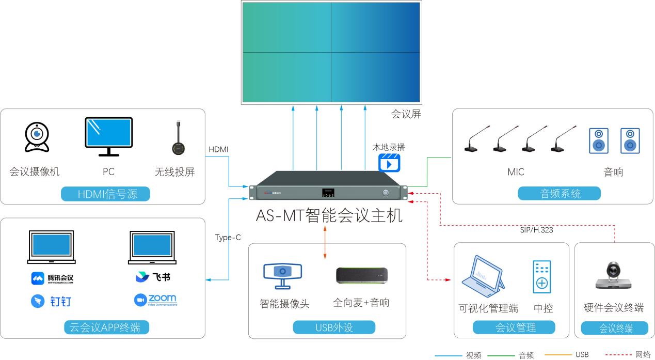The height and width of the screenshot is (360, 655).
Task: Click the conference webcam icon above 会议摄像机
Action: pyautogui.click(x=37, y=137)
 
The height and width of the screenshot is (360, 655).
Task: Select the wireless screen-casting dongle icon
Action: pyautogui.click(x=179, y=139)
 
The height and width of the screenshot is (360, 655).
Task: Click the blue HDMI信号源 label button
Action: pyautogui.click(x=106, y=194)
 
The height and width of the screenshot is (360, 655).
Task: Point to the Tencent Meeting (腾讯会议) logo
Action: pyautogui.click(x=52, y=278)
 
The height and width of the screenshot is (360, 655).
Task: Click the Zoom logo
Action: pyautogui.click(x=155, y=300)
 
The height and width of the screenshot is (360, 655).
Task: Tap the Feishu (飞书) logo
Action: pyautogui.click(x=153, y=277)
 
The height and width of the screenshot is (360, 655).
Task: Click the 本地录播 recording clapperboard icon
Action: pyautogui.click(x=389, y=162)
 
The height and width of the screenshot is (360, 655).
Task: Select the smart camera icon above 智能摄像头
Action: pyautogui.click(x=282, y=275)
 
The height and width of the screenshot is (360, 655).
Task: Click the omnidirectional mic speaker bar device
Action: pyautogui.click(x=361, y=275)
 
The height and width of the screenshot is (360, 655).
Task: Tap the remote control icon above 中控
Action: pyautogui.click(x=541, y=277)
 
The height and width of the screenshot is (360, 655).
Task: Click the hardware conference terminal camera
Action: pyautogui.click(x=613, y=276)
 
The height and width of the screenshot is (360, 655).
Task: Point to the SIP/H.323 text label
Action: pyautogui.click(x=536, y=230)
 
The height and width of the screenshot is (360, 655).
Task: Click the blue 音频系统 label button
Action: pyautogui.click(x=560, y=194)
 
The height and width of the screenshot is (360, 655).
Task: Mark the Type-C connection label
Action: pyautogui.click(x=228, y=238)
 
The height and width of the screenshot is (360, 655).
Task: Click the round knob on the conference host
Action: pyautogui.click(x=386, y=193)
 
